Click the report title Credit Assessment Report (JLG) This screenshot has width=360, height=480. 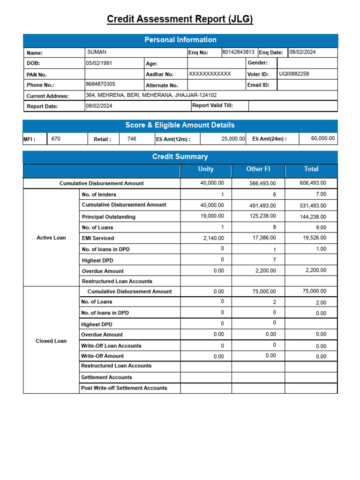coord(180,19)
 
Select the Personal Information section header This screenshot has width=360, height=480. coord(180,40)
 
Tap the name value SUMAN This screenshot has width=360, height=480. coord(96,52)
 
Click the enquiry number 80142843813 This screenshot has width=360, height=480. coord(238,52)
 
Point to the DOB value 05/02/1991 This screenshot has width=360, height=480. coord(99,63)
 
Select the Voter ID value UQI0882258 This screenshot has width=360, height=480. coord(294,74)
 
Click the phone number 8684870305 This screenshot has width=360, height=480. coord(100,84)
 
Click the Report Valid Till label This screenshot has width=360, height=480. coord(212,106)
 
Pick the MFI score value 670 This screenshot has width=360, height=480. coord(56,139)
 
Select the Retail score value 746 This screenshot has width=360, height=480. coord(132,139)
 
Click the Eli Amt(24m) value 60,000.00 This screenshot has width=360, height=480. coord(323,138)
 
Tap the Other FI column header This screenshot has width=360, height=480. coord(258,169)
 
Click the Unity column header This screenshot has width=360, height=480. coord(206,169)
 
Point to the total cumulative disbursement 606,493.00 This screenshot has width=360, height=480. coord(313,183)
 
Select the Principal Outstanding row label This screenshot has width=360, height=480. coord(108,217)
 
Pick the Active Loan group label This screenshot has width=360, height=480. coord(51,238)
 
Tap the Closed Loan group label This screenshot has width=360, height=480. coord(51,341)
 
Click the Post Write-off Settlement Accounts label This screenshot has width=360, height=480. coord(124,388)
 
